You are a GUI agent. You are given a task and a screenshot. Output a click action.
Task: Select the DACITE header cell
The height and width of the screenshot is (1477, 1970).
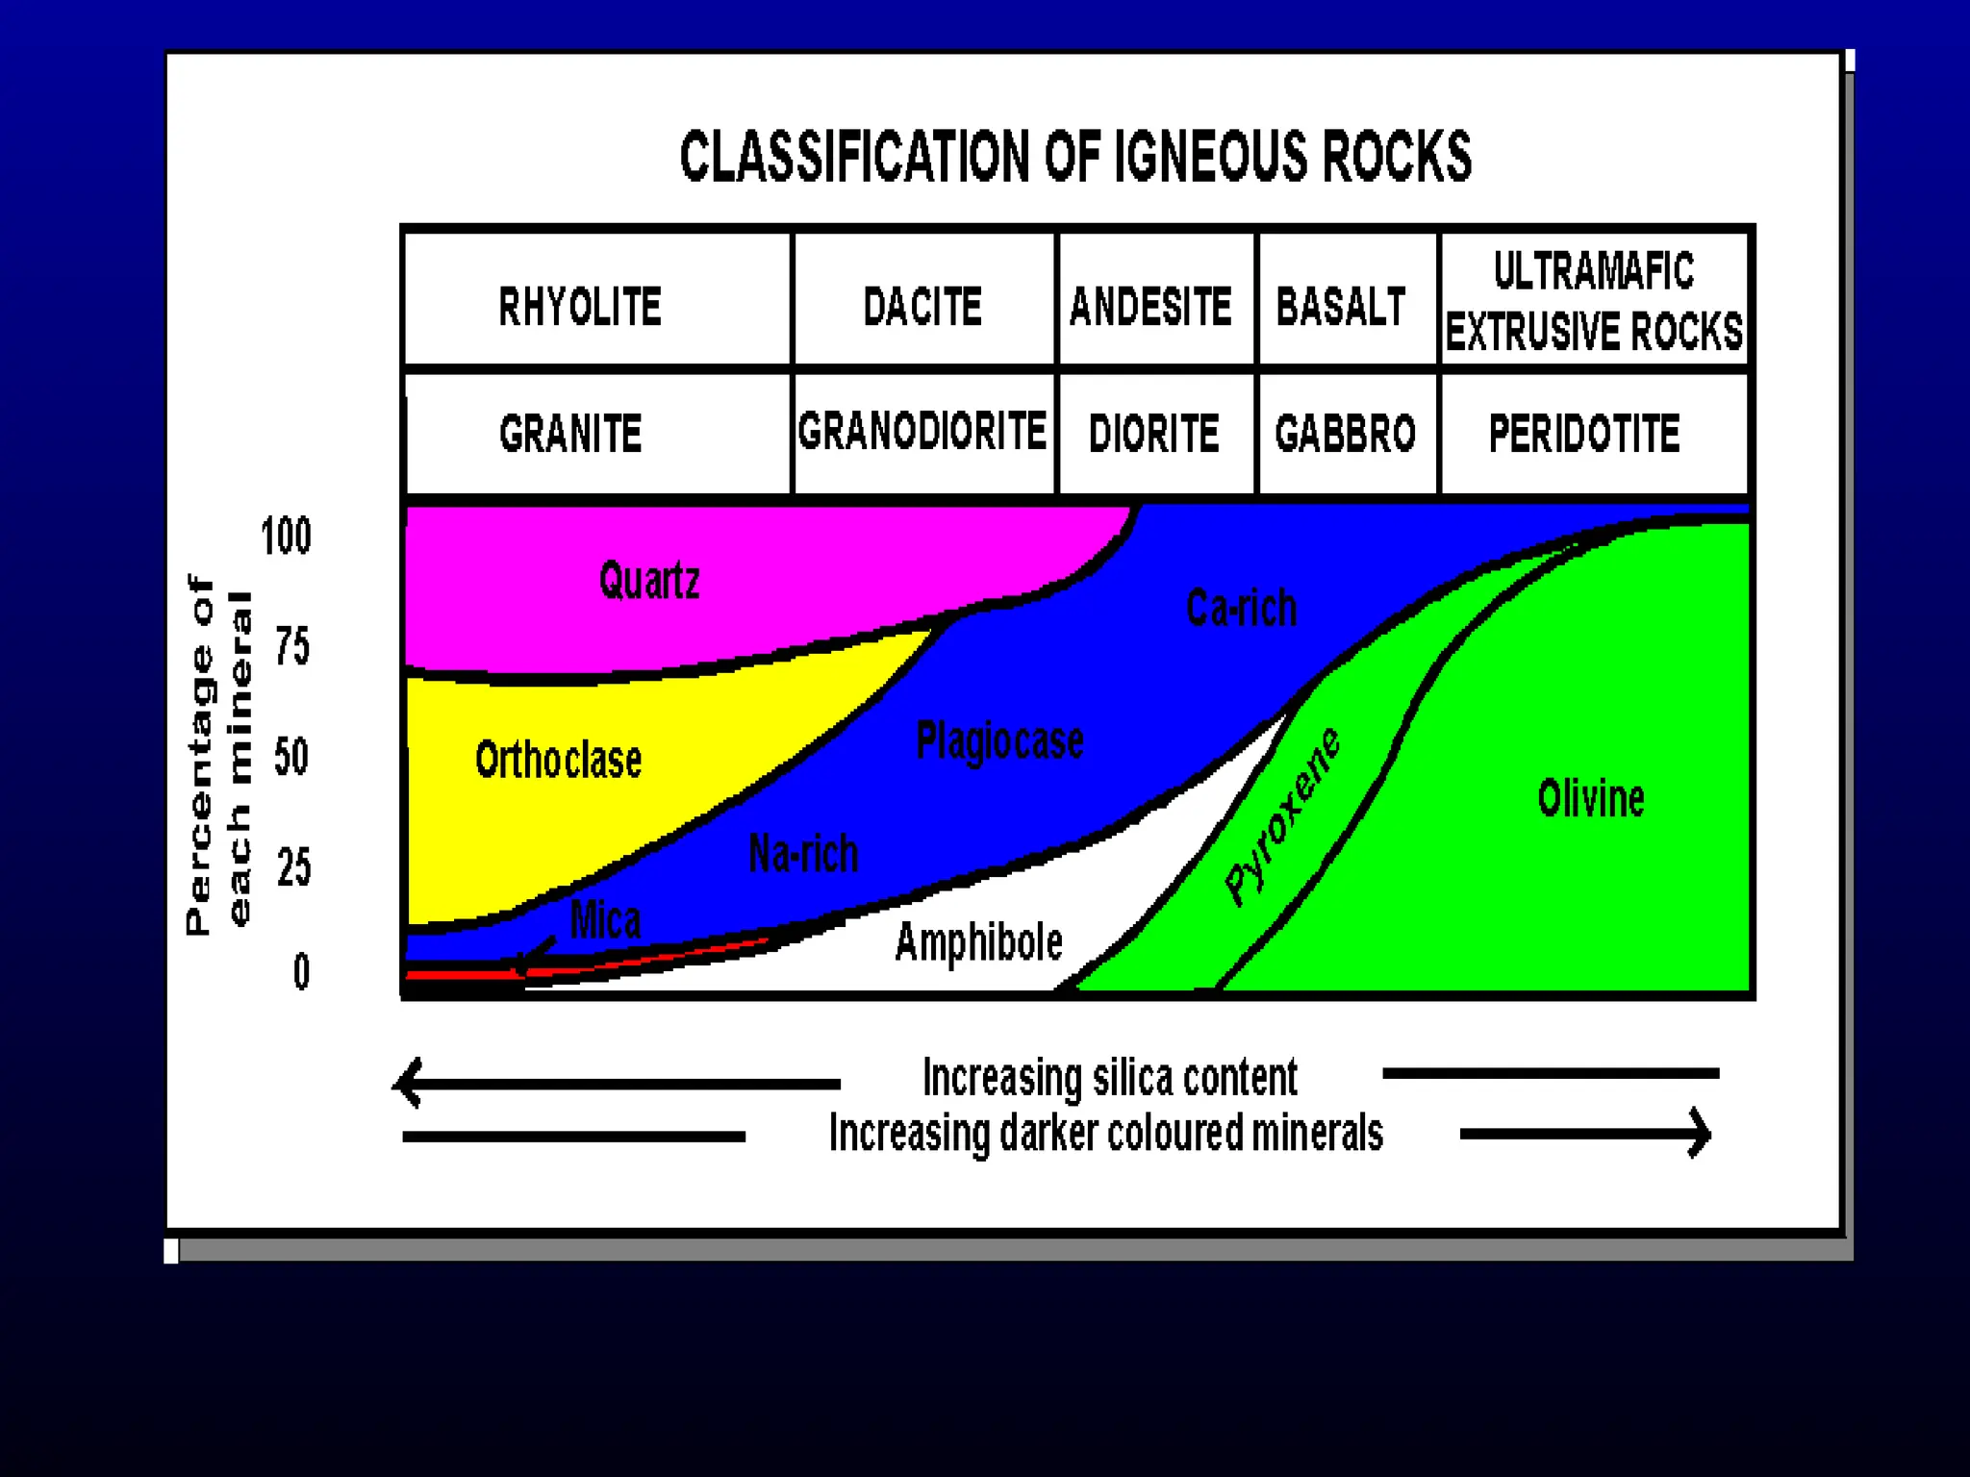tap(922, 307)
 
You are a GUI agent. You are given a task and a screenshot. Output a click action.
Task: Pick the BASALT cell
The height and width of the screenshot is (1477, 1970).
tap(1341, 307)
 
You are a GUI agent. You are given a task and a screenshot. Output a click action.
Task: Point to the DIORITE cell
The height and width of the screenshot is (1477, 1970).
tap(1153, 433)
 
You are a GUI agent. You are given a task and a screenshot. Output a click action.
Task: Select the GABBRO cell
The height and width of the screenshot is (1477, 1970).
tap(1345, 433)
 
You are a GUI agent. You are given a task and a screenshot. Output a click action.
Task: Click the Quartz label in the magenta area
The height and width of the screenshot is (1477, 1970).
tap(649, 580)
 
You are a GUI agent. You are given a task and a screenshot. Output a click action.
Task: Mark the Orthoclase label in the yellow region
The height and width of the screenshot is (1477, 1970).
tap(558, 760)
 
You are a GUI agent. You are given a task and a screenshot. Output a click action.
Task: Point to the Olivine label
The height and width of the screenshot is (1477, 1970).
tap(1591, 798)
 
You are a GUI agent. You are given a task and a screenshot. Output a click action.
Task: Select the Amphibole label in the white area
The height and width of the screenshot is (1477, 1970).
tap(978, 941)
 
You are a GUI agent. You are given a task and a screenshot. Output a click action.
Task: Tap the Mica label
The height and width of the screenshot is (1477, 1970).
tap(605, 919)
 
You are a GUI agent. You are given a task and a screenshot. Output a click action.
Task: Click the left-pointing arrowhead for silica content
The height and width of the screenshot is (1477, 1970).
tap(409, 1083)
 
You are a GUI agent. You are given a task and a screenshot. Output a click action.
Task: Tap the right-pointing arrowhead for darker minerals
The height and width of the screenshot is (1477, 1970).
tap(1700, 1134)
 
